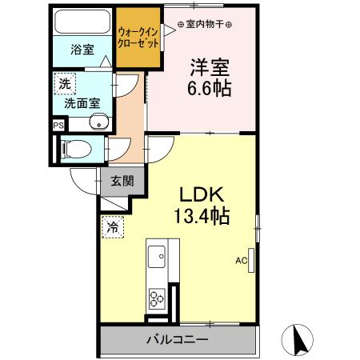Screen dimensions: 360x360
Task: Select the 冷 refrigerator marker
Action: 113,228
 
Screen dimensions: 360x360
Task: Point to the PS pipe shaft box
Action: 58,125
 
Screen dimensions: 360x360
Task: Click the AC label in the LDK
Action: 240,261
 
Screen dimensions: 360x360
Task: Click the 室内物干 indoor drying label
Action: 204,24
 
